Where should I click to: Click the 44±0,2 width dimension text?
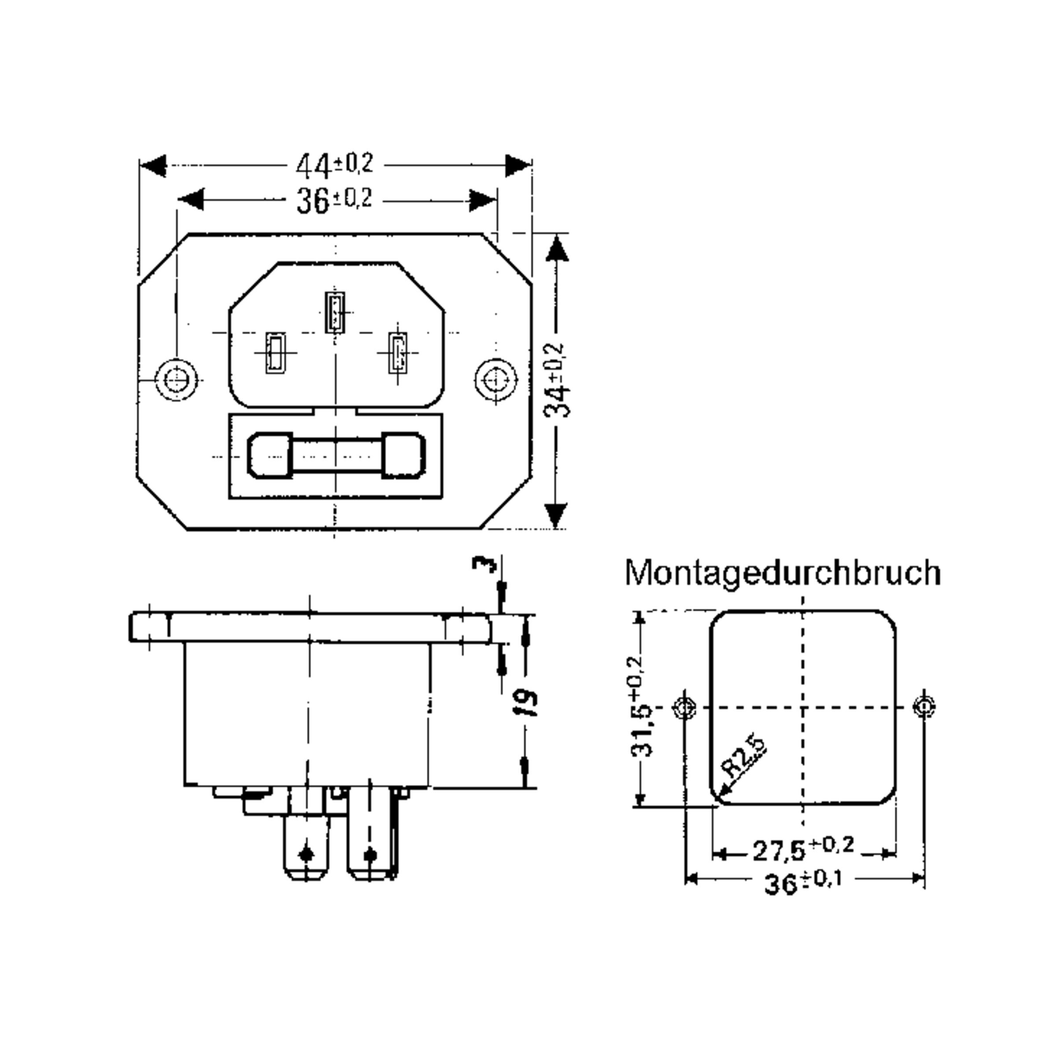[x=334, y=165]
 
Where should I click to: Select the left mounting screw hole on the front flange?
[x=176, y=379]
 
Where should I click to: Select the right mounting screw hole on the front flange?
[x=495, y=379]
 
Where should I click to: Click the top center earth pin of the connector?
[x=334, y=312]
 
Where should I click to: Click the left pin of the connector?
[x=275, y=353]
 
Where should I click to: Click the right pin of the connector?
[x=398, y=353]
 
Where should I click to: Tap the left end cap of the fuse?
[x=270, y=455]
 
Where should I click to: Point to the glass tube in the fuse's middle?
[x=336, y=455]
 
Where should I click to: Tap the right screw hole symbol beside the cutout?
[x=924, y=707]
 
